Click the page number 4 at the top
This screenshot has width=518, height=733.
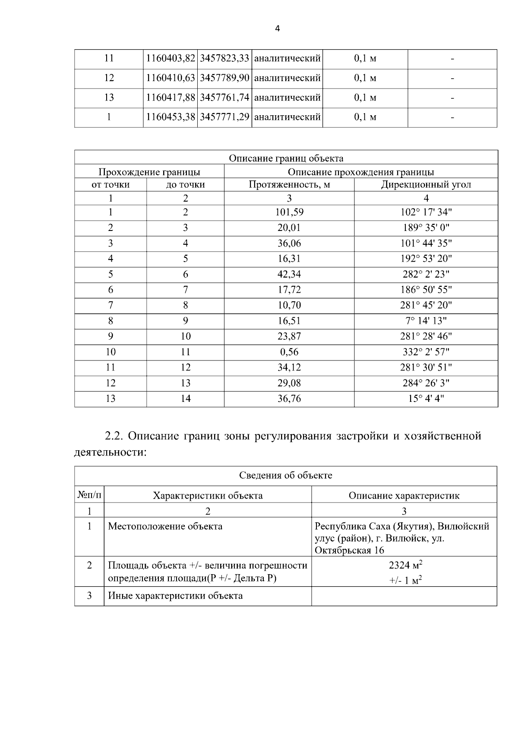278,29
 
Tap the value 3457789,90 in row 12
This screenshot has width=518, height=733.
224,78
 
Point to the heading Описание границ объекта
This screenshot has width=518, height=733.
286,158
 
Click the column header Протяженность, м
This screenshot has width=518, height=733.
289,185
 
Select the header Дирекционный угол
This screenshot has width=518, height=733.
426,185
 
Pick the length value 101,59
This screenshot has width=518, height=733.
289,212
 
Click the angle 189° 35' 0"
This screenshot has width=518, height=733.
426,228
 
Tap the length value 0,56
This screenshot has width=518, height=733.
289,352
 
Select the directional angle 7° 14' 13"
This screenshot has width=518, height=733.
426,321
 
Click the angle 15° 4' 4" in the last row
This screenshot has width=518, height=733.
426,399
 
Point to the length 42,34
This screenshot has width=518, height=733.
289,275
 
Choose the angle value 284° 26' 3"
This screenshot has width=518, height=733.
426,383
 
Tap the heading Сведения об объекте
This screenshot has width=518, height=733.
286,476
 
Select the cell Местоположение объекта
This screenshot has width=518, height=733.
165,526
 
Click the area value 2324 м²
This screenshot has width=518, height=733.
405,565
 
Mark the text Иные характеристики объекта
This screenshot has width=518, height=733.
175,596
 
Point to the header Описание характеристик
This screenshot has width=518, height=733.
404,496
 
